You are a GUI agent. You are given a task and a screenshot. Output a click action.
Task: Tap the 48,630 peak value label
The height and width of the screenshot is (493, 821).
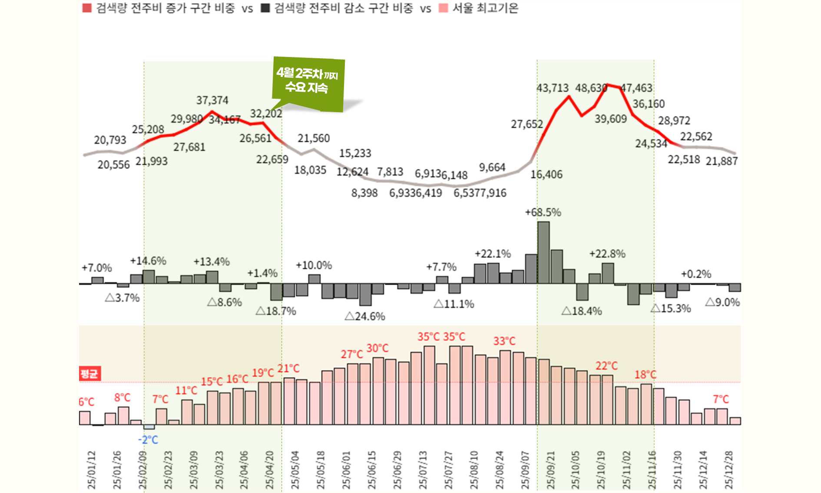click(591, 88)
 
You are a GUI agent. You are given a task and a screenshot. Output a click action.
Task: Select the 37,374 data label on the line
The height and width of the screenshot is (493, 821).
click(212, 100)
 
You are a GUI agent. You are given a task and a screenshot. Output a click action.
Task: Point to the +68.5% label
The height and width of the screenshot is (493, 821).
click(543, 213)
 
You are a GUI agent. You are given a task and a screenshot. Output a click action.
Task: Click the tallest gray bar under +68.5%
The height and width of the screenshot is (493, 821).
click(543, 252)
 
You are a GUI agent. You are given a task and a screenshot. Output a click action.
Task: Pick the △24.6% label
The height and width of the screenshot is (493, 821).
click(365, 316)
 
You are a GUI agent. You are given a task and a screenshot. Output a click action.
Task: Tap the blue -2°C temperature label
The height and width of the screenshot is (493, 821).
click(148, 440)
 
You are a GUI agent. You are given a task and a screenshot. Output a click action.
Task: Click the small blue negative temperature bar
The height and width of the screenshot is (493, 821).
click(149, 427)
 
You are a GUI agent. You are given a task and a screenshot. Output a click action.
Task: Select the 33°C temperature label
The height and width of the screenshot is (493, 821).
click(504, 341)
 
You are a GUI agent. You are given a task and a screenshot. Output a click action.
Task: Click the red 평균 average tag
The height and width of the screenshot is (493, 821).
click(89, 373)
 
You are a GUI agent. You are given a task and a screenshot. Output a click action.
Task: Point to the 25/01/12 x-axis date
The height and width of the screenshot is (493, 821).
click(92, 470)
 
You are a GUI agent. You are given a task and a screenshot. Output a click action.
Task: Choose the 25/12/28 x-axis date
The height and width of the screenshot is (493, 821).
click(729, 470)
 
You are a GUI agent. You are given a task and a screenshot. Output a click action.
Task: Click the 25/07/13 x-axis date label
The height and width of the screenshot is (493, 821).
click(423, 470)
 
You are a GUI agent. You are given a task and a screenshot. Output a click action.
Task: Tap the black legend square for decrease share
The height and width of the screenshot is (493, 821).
click(265, 8)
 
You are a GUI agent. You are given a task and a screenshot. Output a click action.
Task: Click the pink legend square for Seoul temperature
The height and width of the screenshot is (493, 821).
click(443, 8)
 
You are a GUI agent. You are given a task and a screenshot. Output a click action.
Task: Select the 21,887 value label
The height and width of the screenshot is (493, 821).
click(722, 162)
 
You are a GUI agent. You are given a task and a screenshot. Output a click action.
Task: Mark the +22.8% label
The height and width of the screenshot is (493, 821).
click(607, 254)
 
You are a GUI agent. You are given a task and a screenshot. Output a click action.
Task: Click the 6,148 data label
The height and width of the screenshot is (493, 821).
click(455, 175)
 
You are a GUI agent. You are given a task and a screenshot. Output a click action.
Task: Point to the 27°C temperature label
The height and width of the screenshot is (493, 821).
click(351, 355)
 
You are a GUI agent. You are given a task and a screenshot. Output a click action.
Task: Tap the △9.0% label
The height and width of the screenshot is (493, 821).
click(722, 303)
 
